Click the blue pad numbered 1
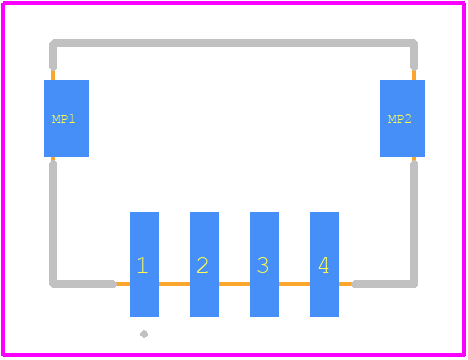[x=144, y=264]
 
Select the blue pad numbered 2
[x=204, y=264]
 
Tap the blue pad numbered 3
[x=264, y=264]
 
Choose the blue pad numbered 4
[x=324, y=264]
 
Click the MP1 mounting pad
[x=66, y=118]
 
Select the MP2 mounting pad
[x=402, y=118]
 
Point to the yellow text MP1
[x=63, y=119]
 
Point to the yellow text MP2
[x=399, y=119]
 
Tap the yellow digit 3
[x=263, y=265]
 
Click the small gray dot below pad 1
[x=144, y=334]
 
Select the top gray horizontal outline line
[x=233, y=43]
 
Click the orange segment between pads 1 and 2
[x=174, y=284]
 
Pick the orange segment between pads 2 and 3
[x=234, y=284]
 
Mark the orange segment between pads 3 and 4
[x=294, y=284]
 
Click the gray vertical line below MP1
[x=53, y=222]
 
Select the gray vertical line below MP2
[x=414, y=222]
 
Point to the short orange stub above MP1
[x=53, y=75]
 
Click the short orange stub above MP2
[x=414, y=75]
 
